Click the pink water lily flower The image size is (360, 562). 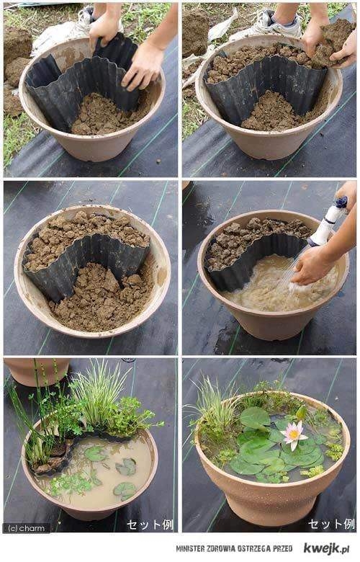(x=293, y=434)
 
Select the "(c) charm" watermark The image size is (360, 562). (x=27, y=527)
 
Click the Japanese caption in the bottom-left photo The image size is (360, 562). (x=150, y=525)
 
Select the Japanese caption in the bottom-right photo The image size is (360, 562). (x=331, y=524)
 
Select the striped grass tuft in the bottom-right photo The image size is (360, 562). (x=215, y=405)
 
